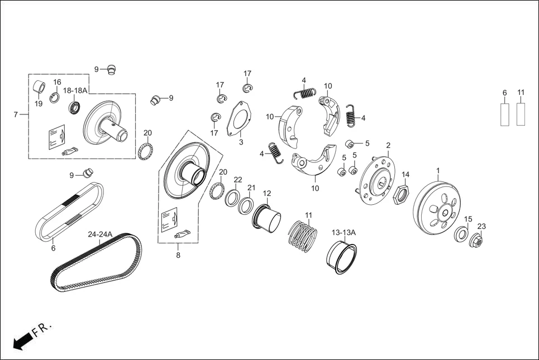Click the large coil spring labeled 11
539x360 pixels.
(302, 233)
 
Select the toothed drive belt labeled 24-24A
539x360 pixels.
(95, 262)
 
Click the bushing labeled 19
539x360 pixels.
(39, 88)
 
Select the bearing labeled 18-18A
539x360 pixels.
(74, 107)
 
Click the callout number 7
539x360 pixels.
(16, 114)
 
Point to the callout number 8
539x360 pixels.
(178, 256)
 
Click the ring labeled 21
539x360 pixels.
(246, 205)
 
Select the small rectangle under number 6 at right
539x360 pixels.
(504, 114)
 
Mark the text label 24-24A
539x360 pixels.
(99, 234)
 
